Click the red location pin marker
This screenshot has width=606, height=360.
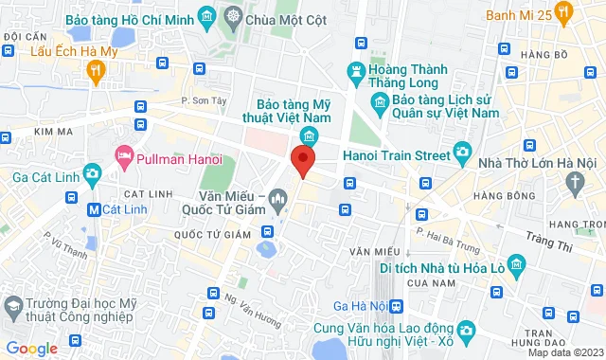(x=302, y=160)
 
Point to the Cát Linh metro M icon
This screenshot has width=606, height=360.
(x=94, y=208)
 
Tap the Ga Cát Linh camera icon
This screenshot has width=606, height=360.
(x=92, y=173)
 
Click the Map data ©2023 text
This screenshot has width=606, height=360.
(x=563, y=352)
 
